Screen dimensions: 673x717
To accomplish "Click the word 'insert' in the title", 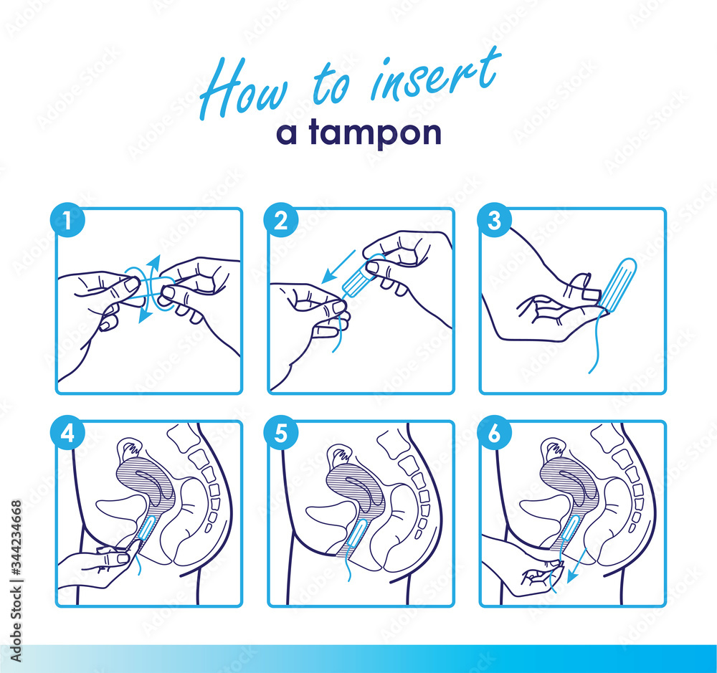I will click(435, 78).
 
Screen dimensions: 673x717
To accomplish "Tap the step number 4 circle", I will click(67, 433).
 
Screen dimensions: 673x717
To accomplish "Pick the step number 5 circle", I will click(280, 433).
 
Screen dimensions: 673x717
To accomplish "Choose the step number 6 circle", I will click(493, 433).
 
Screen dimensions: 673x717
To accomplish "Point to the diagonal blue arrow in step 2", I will click(337, 265).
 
